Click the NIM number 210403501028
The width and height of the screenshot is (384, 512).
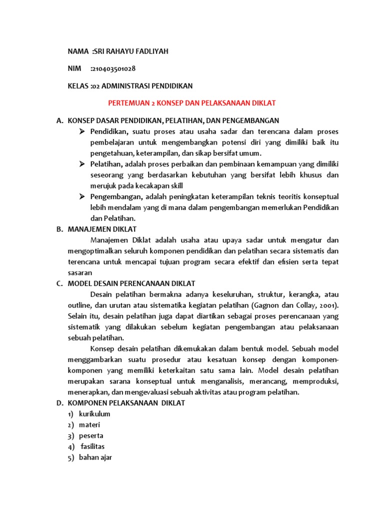(113, 68)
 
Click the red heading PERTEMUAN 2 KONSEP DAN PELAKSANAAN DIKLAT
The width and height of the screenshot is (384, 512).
(192, 103)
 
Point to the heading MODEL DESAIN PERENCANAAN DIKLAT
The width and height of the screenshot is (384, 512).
(131, 283)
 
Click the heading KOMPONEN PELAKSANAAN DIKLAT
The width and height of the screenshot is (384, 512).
(126, 403)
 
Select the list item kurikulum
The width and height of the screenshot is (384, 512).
(94, 414)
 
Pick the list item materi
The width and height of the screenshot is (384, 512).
(89, 425)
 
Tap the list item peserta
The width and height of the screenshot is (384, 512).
(91, 435)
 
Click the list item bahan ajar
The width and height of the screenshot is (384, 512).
(95, 457)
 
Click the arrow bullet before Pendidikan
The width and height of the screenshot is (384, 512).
(82, 131)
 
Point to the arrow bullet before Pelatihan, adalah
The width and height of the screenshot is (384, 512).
(82, 164)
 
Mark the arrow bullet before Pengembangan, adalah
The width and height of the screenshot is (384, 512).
(82, 196)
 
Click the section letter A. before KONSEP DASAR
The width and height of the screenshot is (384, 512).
(59, 120)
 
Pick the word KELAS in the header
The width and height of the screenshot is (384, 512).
(78, 86)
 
